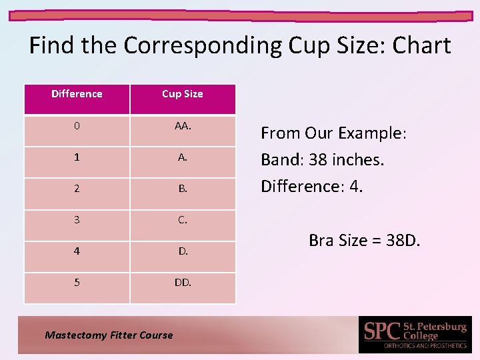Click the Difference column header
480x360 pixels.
77,94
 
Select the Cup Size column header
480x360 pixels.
182,94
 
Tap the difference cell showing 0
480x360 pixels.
77,126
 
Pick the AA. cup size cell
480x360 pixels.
183,126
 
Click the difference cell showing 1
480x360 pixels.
77,157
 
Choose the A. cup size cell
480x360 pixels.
183,157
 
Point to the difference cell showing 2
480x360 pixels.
77,189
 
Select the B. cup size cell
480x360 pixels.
183,189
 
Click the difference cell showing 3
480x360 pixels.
77,219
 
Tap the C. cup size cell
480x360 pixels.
183,219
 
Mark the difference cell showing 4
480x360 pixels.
77,251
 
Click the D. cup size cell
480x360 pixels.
183,251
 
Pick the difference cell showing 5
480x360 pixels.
77,282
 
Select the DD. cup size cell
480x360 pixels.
183,282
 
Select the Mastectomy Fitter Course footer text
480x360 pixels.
109,335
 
